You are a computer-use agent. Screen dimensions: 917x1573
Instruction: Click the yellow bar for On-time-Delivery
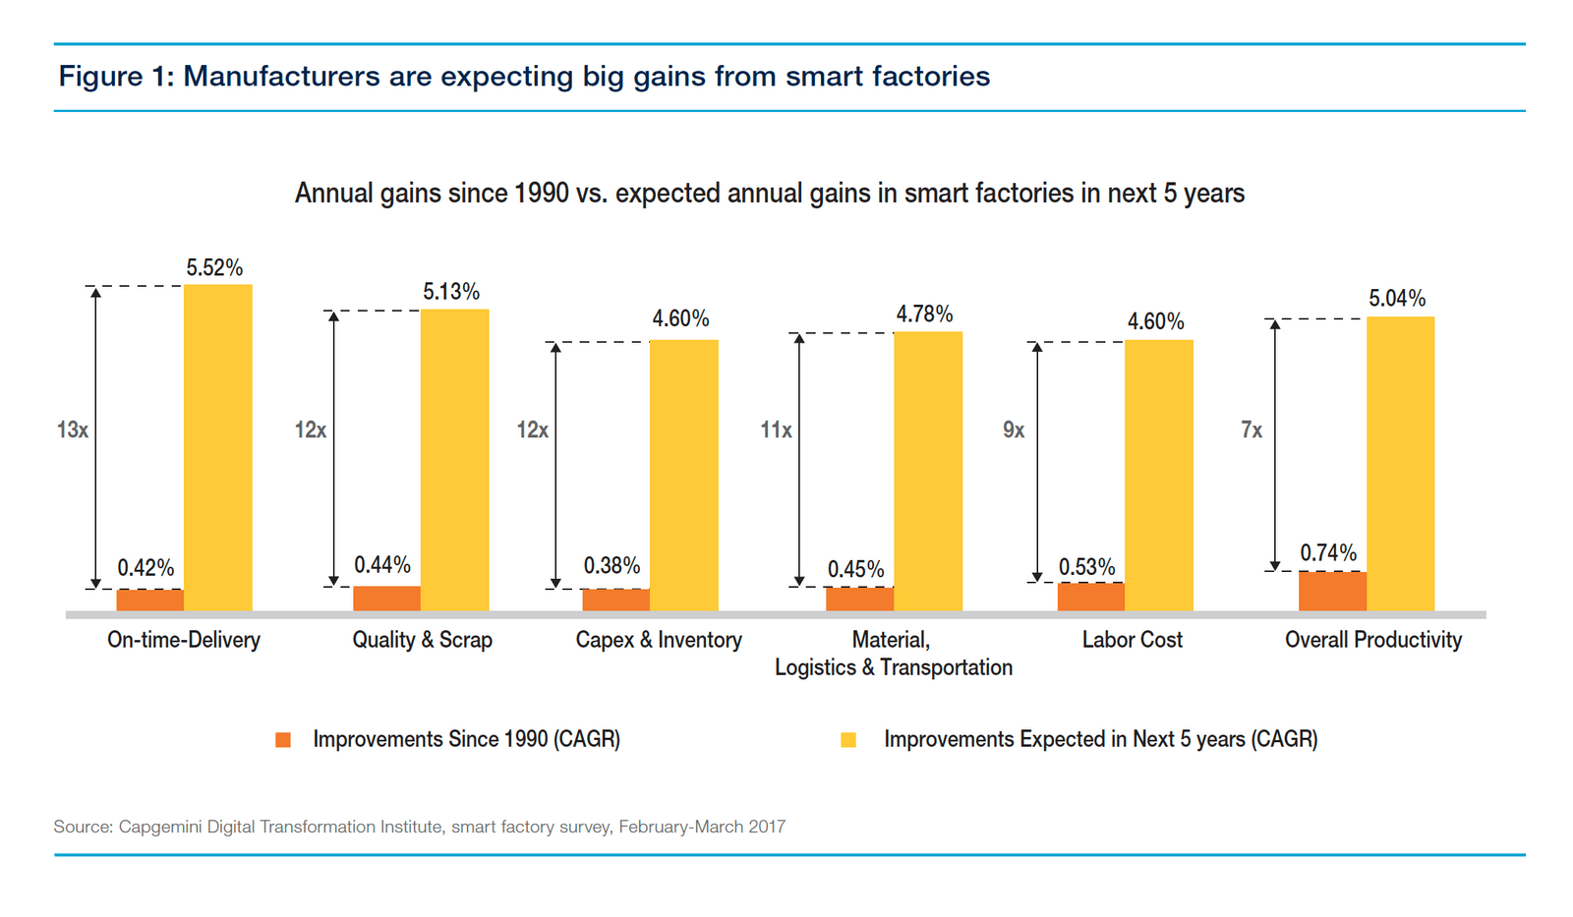click(x=217, y=447)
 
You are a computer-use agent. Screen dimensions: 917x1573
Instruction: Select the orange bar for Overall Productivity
click(x=1332, y=591)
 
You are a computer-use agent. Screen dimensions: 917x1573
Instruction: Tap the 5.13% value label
click(x=451, y=292)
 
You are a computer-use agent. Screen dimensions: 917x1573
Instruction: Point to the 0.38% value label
click(x=612, y=566)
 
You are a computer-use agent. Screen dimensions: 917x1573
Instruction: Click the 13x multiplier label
click(x=73, y=430)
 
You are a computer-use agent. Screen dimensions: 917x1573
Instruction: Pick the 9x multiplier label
click(x=1014, y=430)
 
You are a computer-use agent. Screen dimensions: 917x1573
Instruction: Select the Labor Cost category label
click(x=1132, y=640)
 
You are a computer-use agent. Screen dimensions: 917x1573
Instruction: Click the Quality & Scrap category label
click(x=422, y=640)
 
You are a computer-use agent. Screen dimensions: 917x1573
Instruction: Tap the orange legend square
click(x=283, y=740)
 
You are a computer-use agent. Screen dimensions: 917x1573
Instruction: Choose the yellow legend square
click(x=848, y=740)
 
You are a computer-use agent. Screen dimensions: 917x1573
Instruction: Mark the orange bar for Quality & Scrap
click(x=386, y=599)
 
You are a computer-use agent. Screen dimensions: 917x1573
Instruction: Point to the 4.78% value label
click(x=924, y=315)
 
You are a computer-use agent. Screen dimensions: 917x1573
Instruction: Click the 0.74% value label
click(x=1328, y=553)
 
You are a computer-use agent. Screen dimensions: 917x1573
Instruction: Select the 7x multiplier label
click(x=1252, y=430)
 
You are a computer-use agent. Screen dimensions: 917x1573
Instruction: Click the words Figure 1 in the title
click(x=115, y=77)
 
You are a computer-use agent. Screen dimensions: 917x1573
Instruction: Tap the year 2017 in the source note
click(x=766, y=827)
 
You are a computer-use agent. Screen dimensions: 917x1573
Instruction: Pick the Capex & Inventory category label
click(x=658, y=640)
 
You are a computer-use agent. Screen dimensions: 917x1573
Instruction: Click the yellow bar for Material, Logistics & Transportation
click(x=927, y=471)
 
